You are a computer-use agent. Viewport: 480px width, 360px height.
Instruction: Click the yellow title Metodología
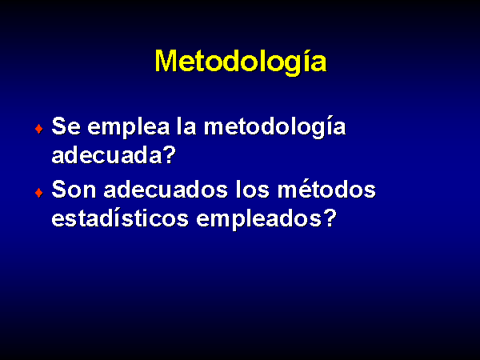(x=241, y=62)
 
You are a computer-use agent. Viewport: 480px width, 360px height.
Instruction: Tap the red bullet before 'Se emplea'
(x=39, y=129)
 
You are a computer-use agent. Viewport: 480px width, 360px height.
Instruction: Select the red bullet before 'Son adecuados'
(x=39, y=193)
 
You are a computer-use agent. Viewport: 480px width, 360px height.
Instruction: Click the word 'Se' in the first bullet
(x=66, y=126)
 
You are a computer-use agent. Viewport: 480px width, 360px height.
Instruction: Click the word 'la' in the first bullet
(x=186, y=126)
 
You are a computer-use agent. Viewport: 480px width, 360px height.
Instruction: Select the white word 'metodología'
(x=275, y=128)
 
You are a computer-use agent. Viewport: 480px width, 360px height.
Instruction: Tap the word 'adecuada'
(x=106, y=154)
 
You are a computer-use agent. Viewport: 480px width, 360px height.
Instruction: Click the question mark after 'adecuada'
(x=170, y=154)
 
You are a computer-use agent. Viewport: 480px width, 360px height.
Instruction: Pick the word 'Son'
(x=74, y=190)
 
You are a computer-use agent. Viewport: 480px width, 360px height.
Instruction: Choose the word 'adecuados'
(x=166, y=189)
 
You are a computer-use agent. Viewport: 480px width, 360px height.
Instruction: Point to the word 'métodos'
(x=326, y=189)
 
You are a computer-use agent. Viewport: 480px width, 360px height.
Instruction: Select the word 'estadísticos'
(x=120, y=218)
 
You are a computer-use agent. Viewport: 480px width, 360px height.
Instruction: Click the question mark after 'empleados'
(x=330, y=218)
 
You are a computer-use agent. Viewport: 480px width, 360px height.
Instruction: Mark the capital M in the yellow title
(x=166, y=61)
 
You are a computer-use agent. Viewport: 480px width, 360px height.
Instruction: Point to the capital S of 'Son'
(x=59, y=190)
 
